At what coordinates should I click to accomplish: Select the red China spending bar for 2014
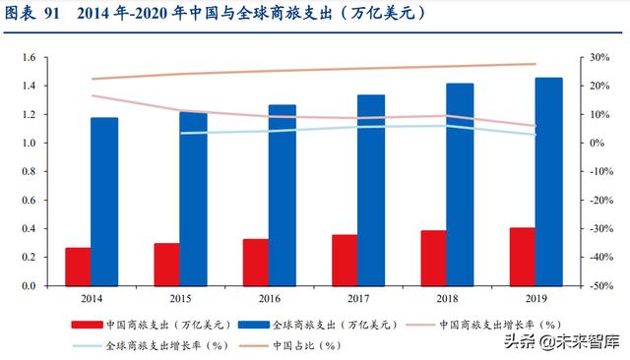tap(78, 267)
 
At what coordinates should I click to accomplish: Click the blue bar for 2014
tap(104, 202)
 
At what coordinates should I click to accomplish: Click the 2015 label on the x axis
tap(180, 297)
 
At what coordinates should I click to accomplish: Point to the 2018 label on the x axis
tap(447, 297)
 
